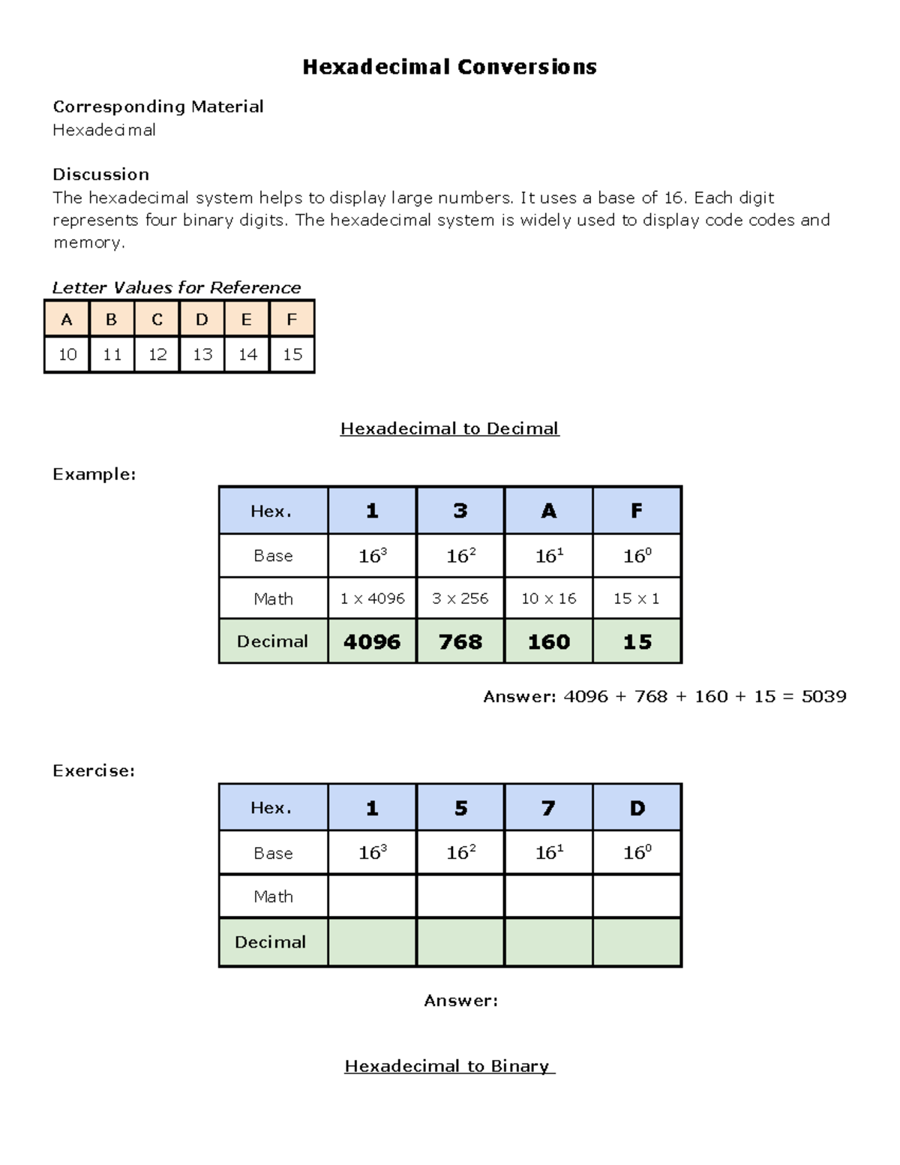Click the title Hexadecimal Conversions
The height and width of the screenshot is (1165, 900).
click(x=449, y=68)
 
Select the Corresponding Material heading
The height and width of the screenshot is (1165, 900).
click(x=157, y=107)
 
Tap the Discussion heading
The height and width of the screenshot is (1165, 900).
click(x=100, y=174)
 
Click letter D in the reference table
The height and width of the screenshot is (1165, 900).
click(x=202, y=320)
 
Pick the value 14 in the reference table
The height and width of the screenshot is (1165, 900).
click(x=247, y=354)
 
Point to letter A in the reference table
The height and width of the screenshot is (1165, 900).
click(x=67, y=320)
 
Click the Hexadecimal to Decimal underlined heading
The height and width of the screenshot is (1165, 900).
click(x=449, y=428)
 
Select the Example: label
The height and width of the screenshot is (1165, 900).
click(x=94, y=474)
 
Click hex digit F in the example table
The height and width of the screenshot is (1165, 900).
click(x=637, y=511)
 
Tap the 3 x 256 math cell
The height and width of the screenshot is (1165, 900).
click(x=460, y=599)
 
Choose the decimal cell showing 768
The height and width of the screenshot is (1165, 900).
click(x=460, y=641)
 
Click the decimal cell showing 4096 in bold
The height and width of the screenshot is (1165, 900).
click(x=372, y=641)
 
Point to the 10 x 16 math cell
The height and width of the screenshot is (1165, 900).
click(x=549, y=599)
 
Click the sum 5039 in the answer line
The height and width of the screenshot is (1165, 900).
click(x=823, y=696)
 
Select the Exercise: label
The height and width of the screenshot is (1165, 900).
click(x=94, y=770)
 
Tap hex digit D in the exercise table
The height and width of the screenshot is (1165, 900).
click(x=637, y=808)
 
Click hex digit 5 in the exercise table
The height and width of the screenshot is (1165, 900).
click(x=460, y=808)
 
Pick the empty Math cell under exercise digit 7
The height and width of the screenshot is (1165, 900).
click(x=549, y=896)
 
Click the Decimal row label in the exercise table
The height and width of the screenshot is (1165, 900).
click(x=271, y=942)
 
